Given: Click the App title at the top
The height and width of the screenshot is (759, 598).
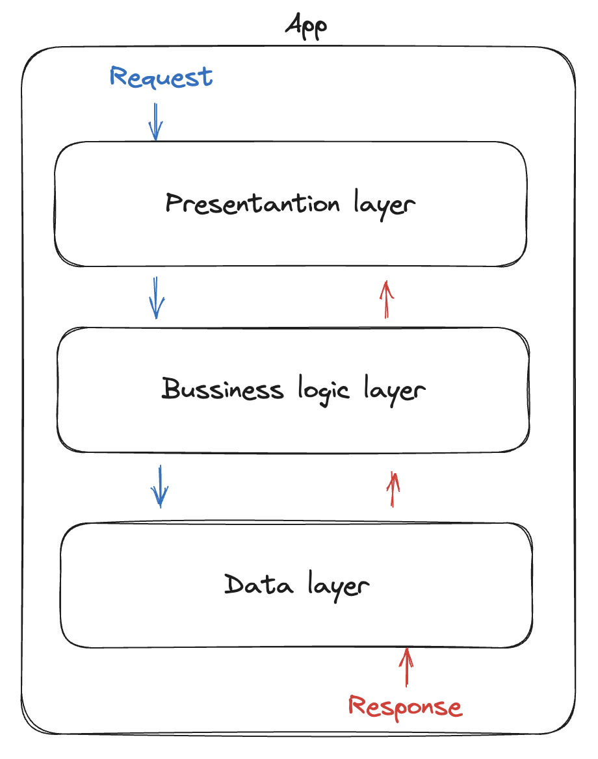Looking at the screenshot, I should [x=305, y=27].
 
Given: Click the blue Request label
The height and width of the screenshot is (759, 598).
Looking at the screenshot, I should [x=161, y=77].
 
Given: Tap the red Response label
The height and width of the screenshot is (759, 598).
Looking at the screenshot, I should [x=405, y=706].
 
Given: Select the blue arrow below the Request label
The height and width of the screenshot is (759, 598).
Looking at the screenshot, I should [x=155, y=122].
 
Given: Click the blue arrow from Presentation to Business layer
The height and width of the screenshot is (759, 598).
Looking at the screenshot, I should [x=156, y=298].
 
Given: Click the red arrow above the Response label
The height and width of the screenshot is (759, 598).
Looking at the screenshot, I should [x=407, y=667].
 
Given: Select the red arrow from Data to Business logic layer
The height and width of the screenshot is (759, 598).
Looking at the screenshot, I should [x=393, y=489].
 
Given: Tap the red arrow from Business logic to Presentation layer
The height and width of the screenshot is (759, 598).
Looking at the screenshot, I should [x=387, y=299].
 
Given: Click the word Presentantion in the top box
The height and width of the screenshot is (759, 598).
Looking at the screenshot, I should [x=252, y=204].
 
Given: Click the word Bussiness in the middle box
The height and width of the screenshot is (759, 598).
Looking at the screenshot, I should [x=222, y=390].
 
